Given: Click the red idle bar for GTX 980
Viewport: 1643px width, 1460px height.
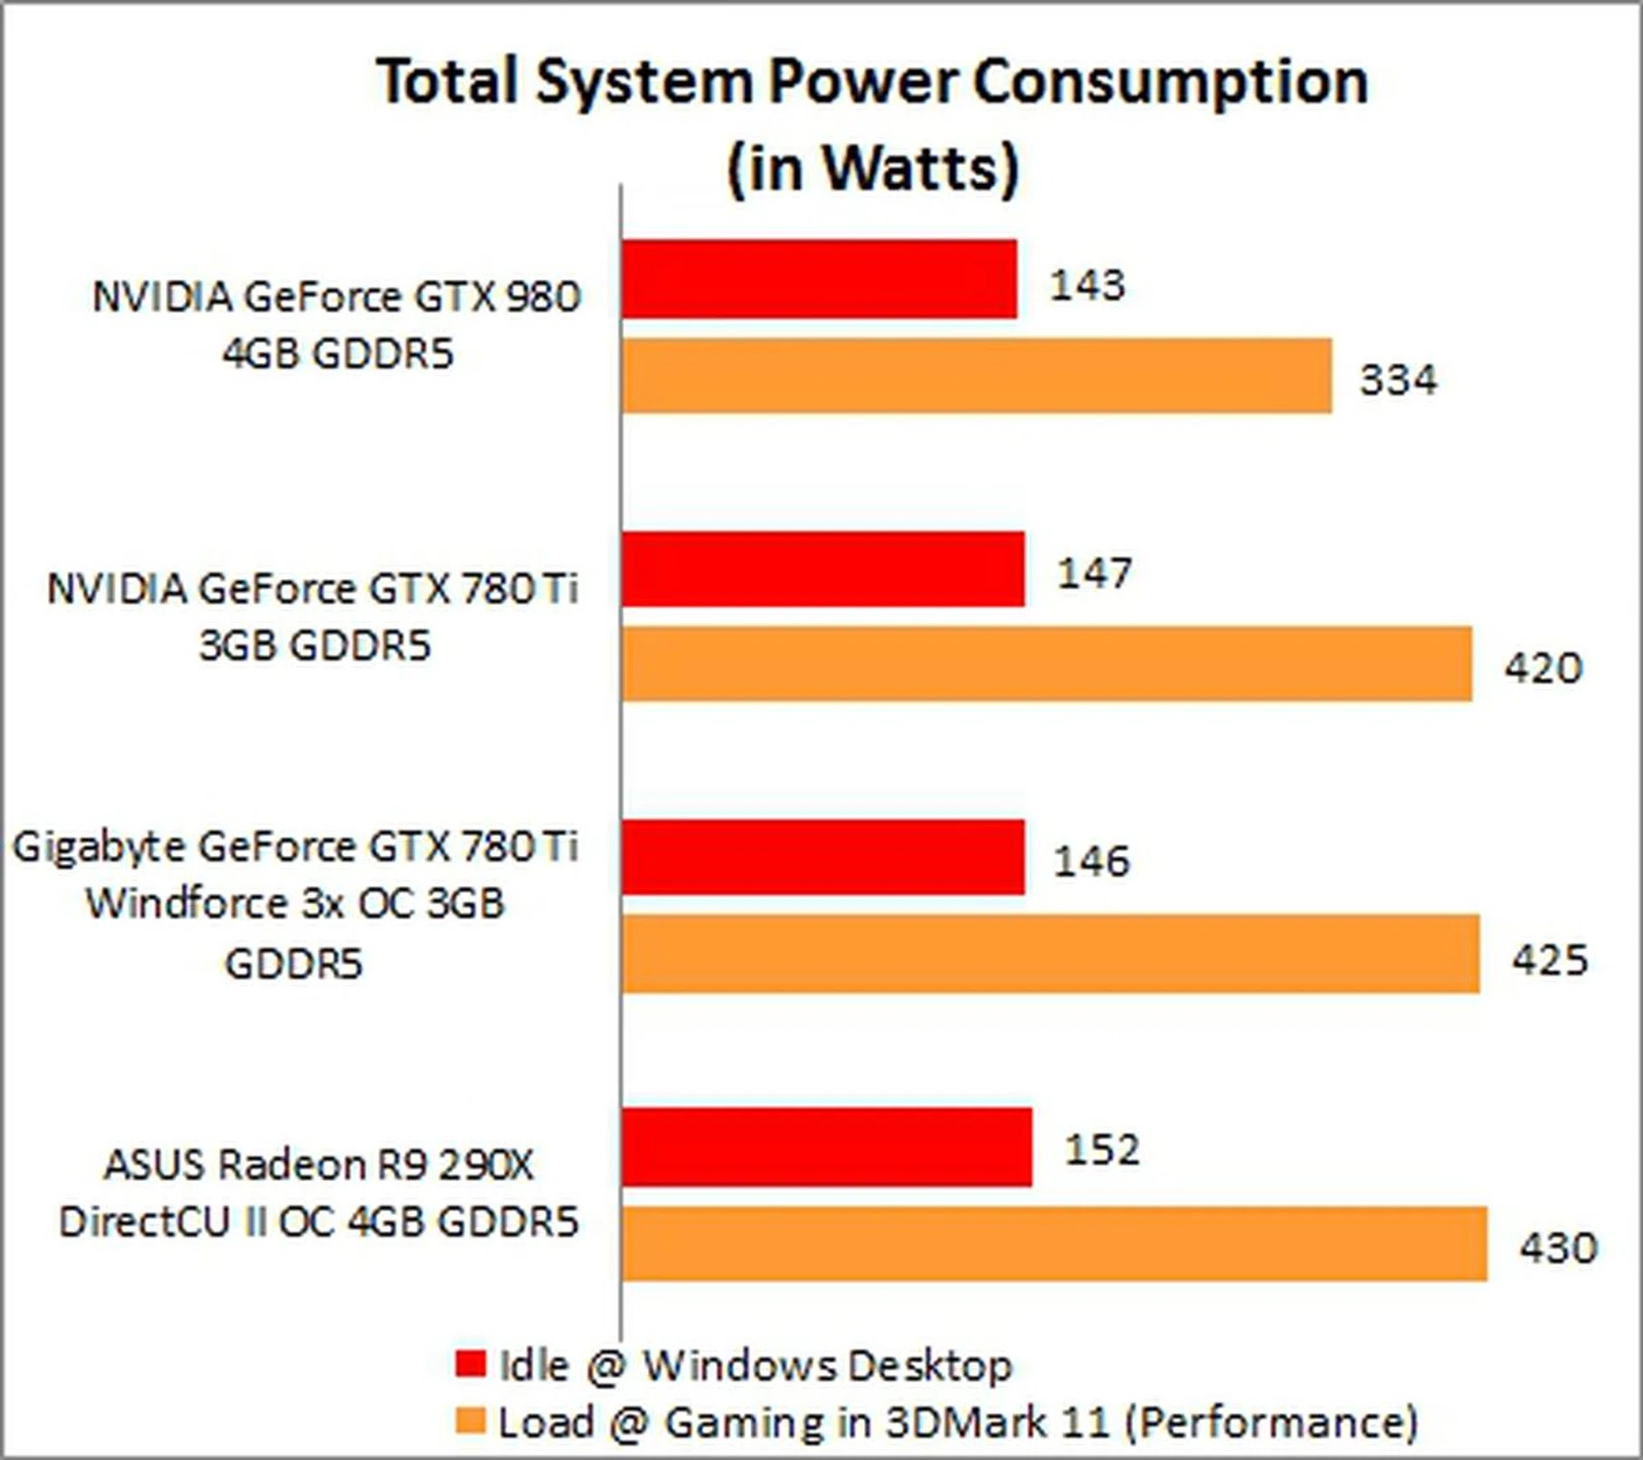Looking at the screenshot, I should pyautogui.click(x=819, y=279).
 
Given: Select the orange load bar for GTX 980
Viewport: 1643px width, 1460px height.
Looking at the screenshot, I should pyautogui.click(x=976, y=376).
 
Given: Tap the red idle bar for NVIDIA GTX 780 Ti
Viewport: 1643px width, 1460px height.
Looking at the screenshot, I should pyautogui.click(x=822, y=569).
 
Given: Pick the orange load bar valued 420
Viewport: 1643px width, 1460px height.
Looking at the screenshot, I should pyautogui.click(x=1047, y=664).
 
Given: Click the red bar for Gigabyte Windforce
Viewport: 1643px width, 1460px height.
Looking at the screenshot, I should pyautogui.click(x=822, y=858).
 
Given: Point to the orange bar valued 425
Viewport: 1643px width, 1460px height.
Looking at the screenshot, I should pyautogui.click(x=1050, y=954).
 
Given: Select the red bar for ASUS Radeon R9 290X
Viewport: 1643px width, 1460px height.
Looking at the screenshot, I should pyautogui.click(x=827, y=1147).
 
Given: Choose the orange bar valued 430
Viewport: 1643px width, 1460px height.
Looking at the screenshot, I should pyautogui.click(x=1054, y=1244).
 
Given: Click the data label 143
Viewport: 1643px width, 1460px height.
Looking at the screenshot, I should pyautogui.click(x=1087, y=285).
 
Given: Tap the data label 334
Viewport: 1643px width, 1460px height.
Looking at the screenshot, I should pyautogui.click(x=1398, y=380).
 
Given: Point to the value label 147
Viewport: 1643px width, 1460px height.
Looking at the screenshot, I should pyautogui.click(x=1094, y=573).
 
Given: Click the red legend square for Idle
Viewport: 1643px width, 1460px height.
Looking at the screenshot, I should pyautogui.click(x=470, y=1363).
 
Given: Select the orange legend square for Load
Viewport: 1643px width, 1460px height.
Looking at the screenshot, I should pyautogui.click(x=470, y=1421).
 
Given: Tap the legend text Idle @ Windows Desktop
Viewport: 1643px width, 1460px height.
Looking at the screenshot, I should pyautogui.click(x=755, y=1365).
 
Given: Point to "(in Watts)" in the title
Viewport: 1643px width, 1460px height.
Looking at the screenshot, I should pyautogui.click(x=873, y=167).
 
